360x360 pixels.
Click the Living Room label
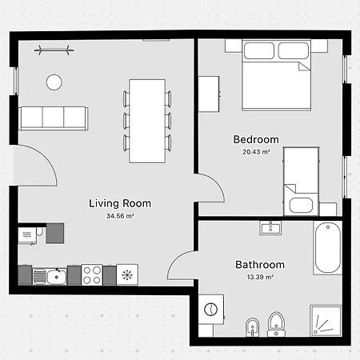(120, 203)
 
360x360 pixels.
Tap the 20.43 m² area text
(256, 152)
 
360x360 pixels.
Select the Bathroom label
(260, 265)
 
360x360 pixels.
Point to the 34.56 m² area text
(120, 216)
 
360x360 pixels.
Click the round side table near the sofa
(54, 82)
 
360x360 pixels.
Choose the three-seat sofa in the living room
(54, 118)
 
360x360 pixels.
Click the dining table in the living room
(147, 121)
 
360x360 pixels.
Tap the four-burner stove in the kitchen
(92, 274)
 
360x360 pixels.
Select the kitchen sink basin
(57, 277)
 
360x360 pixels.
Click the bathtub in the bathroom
(328, 248)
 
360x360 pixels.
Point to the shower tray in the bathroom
(326, 321)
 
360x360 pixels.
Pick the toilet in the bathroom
(277, 324)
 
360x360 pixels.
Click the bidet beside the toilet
(252, 326)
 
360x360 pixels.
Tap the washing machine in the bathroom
(211, 310)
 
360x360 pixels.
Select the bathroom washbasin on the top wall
(270, 228)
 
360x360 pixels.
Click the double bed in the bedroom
(277, 75)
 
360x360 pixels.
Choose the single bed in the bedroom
(301, 182)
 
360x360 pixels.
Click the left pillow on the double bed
(259, 50)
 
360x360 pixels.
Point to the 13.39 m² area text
(260, 278)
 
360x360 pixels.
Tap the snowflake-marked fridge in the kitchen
(127, 274)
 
